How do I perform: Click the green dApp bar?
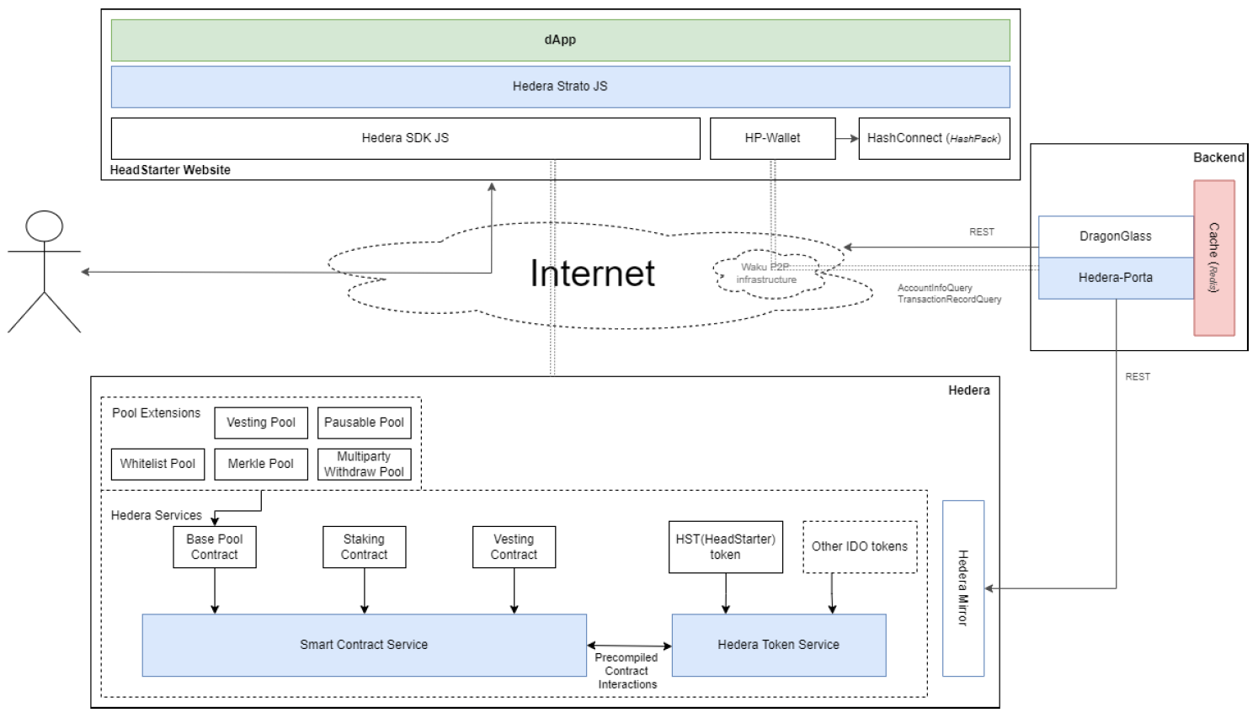[x=560, y=40]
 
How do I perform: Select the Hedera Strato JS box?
[x=560, y=87]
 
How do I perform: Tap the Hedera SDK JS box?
[x=405, y=138]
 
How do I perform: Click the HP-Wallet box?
[x=772, y=138]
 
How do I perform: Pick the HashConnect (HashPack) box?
[x=933, y=138]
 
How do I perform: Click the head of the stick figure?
[x=45, y=226]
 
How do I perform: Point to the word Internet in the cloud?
[x=592, y=274]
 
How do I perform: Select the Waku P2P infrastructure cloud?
[x=766, y=274]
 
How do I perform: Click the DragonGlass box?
[x=1115, y=237]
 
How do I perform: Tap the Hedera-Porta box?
[x=1115, y=278]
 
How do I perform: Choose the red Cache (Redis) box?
[x=1213, y=258]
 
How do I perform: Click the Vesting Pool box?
[x=261, y=423]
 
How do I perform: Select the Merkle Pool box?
[x=261, y=464]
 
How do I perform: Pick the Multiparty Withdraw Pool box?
[x=364, y=464]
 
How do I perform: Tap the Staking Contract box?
[x=364, y=547]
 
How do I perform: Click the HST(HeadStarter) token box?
[x=725, y=547]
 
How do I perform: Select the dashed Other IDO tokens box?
[x=860, y=547]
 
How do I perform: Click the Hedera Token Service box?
[x=778, y=645]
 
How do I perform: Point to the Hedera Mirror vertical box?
[x=963, y=588]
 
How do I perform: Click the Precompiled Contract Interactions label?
[x=627, y=671]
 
